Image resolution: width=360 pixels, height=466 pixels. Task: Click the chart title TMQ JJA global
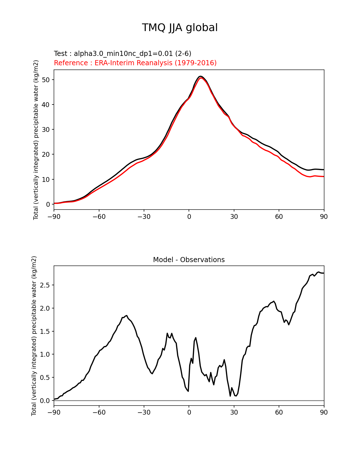(x=180, y=28)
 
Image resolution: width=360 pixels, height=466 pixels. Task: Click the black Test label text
(x=123, y=54)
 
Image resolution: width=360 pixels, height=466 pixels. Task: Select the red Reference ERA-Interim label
(x=135, y=63)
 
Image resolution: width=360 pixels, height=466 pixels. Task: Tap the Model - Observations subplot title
(x=189, y=260)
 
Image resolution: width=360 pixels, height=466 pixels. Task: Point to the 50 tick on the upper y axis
(x=46, y=80)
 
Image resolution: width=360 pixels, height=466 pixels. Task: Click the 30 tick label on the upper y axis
(x=46, y=130)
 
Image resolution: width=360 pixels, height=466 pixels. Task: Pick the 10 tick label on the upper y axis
(x=46, y=180)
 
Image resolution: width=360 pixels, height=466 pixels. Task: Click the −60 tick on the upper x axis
(x=99, y=217)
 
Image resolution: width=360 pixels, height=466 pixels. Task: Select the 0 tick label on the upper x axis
(x=189, y=217)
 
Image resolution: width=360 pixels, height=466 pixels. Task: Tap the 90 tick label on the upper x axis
(x=324, y=217)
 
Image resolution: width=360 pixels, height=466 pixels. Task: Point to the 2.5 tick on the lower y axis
(x=44, y=285)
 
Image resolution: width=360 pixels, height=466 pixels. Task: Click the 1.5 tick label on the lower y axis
(x=44, y=331)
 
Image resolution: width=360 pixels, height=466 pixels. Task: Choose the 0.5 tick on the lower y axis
(x=44, y=378)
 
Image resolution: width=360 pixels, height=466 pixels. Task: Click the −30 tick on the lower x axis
(x=144, y=413)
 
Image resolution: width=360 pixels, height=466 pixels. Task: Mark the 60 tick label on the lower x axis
(x=279, y=413)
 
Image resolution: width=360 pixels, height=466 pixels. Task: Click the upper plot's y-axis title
(x=36, y=140)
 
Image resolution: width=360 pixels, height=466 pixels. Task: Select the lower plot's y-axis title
(x=34, y=336)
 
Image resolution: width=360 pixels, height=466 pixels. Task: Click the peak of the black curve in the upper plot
(x=200, y=76)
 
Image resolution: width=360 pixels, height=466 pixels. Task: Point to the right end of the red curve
(x=324, y=177)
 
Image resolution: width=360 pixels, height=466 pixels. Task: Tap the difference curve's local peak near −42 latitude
(x=126, y=315)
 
